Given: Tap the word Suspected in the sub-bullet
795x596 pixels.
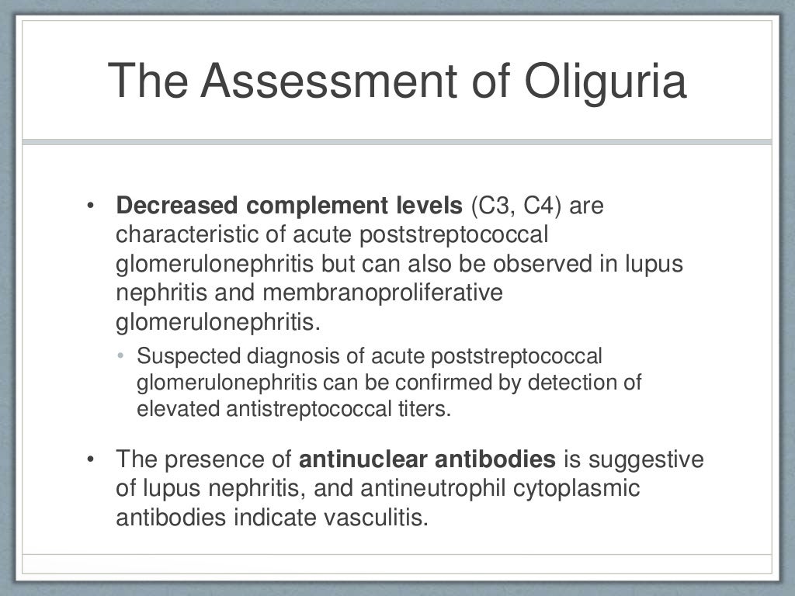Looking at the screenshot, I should tap(181, 356).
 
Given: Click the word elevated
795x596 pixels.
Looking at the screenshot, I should tap(178, 409).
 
